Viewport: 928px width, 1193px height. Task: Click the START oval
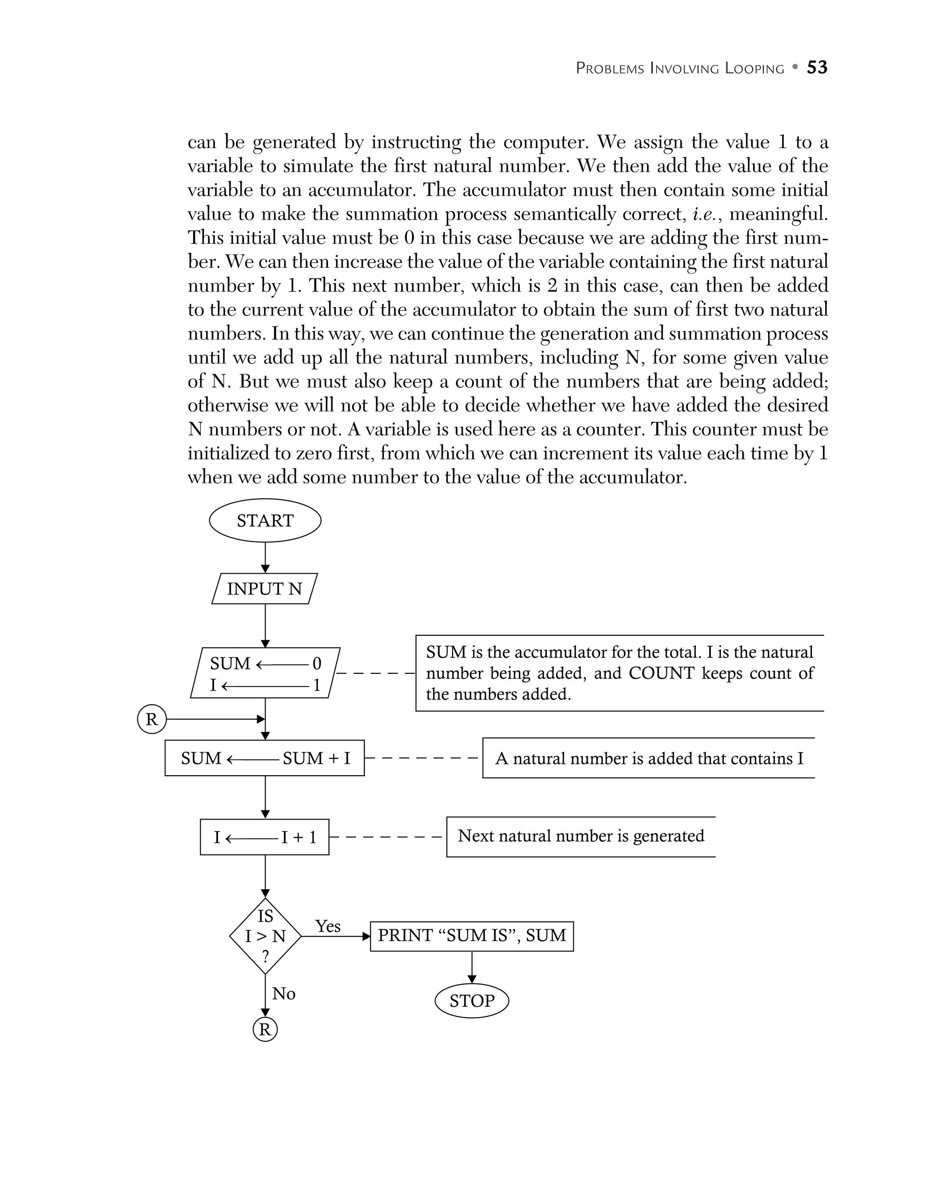pos(265,520)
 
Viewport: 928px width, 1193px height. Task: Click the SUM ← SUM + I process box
pos(264,758)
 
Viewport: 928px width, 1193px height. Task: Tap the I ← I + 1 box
pos(264,837)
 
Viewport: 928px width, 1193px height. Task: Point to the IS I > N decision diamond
pos(265,936)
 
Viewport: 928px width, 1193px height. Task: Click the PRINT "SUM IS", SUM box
pos(471,936)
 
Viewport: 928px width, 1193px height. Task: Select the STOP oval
pos(471,1001)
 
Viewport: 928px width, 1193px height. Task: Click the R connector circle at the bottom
pos(265,1030)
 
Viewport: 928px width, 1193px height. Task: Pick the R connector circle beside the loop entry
pos(151,720)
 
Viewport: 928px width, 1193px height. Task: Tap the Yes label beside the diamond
pos(328,926)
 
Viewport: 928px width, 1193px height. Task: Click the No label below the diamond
pos(284,993)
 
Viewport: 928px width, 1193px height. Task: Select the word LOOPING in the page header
pos(754,69)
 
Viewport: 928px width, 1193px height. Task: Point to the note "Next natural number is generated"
pos(580,836)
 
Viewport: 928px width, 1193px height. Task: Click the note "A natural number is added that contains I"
pos(649,758)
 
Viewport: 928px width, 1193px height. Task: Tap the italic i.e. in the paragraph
pos(707,213)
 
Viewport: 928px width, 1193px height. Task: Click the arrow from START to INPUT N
pos(265,557)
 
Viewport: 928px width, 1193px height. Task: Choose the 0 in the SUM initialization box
pos(317,663)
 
